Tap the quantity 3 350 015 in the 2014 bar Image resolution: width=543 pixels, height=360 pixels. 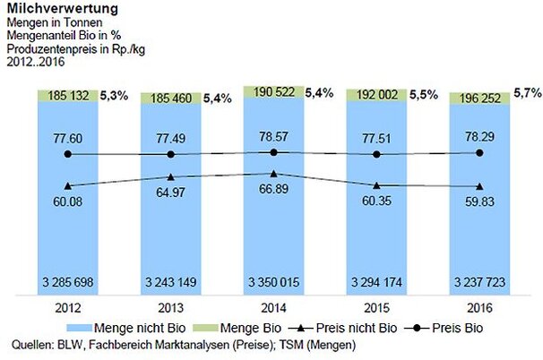(273, 283)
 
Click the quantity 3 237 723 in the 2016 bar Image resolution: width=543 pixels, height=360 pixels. (479, 283)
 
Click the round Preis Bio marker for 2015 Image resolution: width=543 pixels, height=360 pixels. (376, 154)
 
